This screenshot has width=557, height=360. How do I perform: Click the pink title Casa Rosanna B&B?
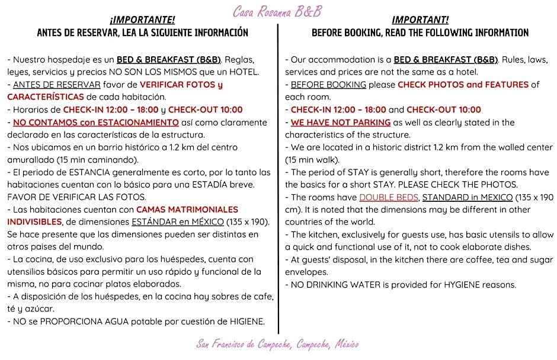click(277, 11)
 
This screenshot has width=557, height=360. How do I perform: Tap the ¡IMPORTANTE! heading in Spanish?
click(142, 20)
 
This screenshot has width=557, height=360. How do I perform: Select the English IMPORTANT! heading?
click(420, 20)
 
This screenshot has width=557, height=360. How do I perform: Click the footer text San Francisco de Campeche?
click(277, 344)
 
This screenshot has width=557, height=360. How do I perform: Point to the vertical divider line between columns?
click(278, 178)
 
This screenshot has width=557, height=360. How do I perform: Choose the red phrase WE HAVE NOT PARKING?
click(340, 123)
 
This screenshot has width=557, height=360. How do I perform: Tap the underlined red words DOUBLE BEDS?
click(389, 197)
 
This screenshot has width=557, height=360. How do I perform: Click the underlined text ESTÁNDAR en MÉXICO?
click(177, 222)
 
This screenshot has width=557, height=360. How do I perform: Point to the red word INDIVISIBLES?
click(34, 222)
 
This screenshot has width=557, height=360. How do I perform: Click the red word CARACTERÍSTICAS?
click(45, 97)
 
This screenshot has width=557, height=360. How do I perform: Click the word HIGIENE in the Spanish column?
click(245, 322)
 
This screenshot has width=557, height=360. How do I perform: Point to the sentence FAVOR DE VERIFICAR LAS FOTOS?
click(76, 197)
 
